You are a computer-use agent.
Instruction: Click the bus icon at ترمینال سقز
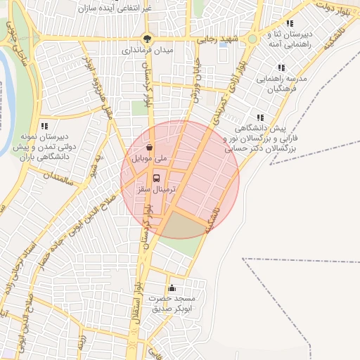tap(156, 178)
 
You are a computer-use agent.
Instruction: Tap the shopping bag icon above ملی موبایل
tap(149, 148)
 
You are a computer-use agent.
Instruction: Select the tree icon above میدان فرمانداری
tap(147, 39)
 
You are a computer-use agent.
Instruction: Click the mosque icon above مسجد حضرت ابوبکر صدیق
tap(172, 288)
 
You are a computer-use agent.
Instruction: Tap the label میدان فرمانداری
tap(147, 51)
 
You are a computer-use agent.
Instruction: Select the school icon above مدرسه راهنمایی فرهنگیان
tap(281, 68)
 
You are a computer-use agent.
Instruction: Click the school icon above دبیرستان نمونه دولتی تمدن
tap(44, 125)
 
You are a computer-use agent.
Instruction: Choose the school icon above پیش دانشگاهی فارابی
tap(260, 118)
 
